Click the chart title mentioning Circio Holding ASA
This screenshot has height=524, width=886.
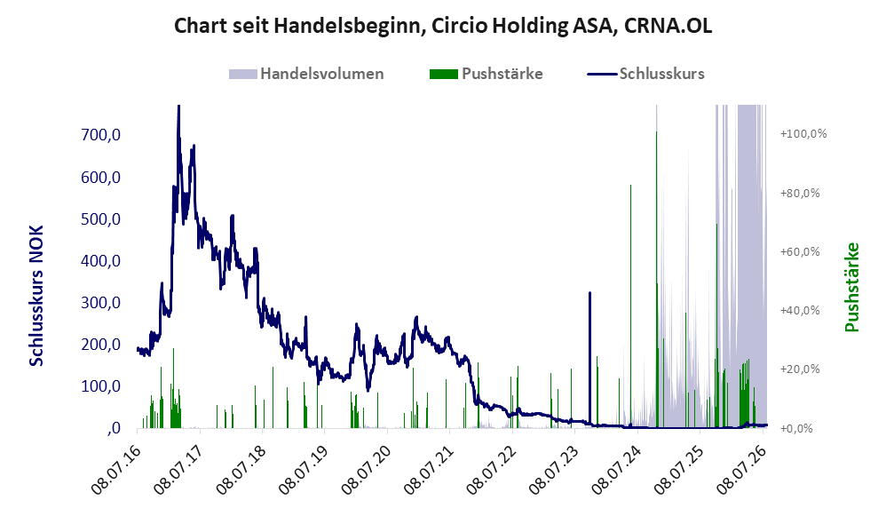pyautogui.click(x=443, y=26)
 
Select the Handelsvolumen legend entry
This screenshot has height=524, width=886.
pyautogui.click(x=306, y=74)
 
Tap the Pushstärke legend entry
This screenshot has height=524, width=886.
pyautogui.click(x=486, y=74)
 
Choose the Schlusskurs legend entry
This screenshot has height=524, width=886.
pyautogui.click(x=645, y=74)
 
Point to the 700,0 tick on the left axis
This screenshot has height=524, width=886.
pyautogui.click(x=100, y=135)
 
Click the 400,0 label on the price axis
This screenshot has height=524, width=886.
pyautogui.click(x=100, y=261)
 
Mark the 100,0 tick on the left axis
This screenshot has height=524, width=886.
pyautogui.click(x=100, y=386)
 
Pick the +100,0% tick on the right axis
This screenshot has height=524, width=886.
pyautogui.click(x=803, y=134)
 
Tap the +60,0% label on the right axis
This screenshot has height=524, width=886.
pyautogui.click(x=800, y=251)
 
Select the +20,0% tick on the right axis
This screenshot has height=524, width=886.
pyautogui.click(x=800, y=369)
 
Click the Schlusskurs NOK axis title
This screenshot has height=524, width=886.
pyautogui.click(x=36, y=296)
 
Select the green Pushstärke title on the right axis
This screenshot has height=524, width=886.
pyautogui.click(x=851, y=287)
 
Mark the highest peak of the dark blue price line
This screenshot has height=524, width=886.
pyautogui.click(x=178, y=107)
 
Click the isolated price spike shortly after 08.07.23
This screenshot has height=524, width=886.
pyautogui.click(x=589, y=293)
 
